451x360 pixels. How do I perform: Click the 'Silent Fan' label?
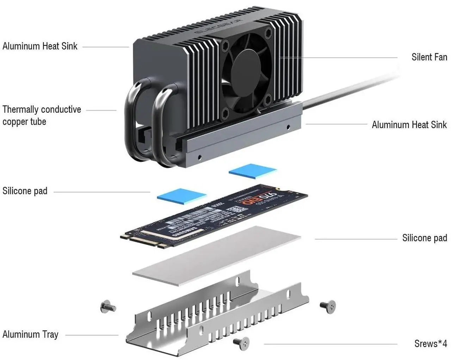pyautogui.click(x=429, y=57)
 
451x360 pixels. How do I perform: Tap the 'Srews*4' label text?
pyautogui.click(x=430, y=343)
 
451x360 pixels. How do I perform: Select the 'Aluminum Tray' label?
pyautogui.click(x=30, y=334)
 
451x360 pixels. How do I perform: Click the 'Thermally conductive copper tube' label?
pyautogui.click(x=42, y=115)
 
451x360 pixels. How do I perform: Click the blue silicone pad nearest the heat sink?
pyautogui.click(x=252, y=171)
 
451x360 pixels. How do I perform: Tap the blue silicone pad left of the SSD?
pyautogui.click(x=182, y=195)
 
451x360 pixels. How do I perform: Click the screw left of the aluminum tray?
pyautogui.click(x=108, y=307)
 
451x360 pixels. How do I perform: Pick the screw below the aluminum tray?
pyautogui.click(x=241, y=342)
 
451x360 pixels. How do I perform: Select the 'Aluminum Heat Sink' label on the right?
pyautogui.click(x=409, y=125)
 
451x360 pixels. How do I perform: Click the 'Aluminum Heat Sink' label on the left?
pyautogui.click(x=40, y=46)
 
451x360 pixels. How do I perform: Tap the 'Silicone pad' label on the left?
pyautogui.click(x=25, y=191)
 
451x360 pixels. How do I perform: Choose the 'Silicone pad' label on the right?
pyautogui.click(x=424, y=238)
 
